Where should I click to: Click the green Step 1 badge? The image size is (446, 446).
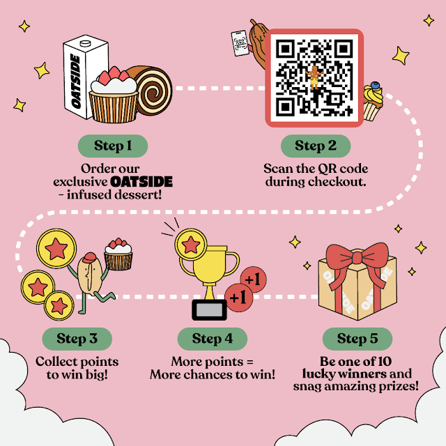tap(112, 146)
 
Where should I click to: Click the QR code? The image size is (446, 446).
tap(314, 77)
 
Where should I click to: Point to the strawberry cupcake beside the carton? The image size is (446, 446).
tap(114, 98)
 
